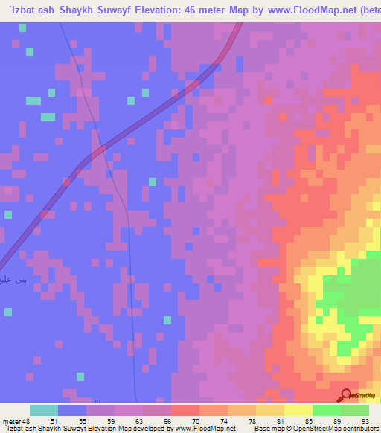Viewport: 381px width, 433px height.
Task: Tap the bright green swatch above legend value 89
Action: (326, 410)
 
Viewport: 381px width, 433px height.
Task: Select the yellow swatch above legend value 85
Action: (298, 410)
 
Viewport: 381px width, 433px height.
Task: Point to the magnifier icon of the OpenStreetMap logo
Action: (346, 396)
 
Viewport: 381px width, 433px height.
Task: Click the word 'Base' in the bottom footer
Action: (260, 429)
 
